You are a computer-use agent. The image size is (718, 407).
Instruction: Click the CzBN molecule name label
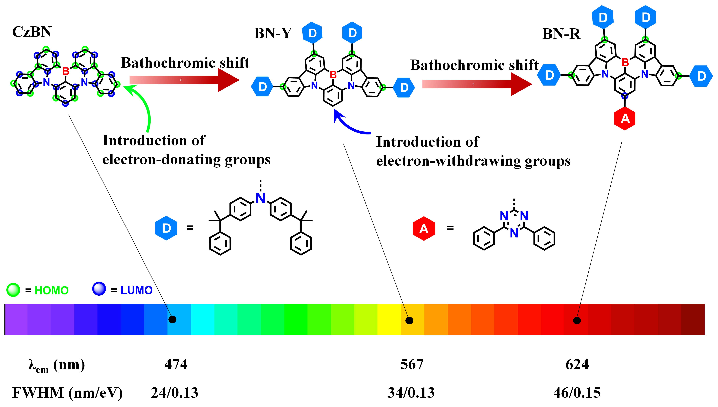[x=32, y=32]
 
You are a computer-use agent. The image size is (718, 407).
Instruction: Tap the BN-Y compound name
[x=273, y=34]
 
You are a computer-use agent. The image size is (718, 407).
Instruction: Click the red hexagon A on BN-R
[x=625, y=119]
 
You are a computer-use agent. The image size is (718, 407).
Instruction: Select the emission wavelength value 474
[x=176, y=364]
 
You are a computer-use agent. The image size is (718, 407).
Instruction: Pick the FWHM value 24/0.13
[x=175, y=393]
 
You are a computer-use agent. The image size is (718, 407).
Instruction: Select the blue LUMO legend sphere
[x=99, y=289]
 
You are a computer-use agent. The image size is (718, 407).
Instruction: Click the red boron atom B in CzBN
[x=66, y=71]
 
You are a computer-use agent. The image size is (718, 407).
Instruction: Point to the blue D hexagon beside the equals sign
[x=166, y=228]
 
